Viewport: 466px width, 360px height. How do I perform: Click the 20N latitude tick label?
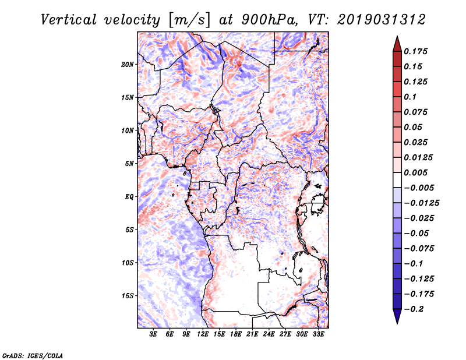pyautogui.click(x=128, y=64)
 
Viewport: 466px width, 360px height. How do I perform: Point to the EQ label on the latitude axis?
pyautogui.click(x=129, y=197)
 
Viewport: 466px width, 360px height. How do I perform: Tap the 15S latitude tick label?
pyautogui.click(x=128, y=296)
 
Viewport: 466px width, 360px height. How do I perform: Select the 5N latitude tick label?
pyautogui.click(x=129, y=164)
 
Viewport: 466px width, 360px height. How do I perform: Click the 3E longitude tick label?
pyautogui.click(x=154, y=335)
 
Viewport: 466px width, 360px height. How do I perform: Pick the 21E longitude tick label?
pyautogui.click(x=253, y=335)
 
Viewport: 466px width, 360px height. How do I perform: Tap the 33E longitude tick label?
pyautogui.click(x=319, y=335)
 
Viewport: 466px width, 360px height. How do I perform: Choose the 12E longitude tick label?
pyautogui.click(x=203, y=335)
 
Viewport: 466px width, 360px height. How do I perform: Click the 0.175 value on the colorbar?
pyautogui.click(x=417, y=51)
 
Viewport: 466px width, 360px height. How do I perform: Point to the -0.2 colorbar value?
pyautogui.click(x=416, y=309)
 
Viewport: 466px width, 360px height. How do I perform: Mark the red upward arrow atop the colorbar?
pyautogui.click(x=397, y=42)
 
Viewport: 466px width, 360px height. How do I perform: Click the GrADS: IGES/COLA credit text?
pyautogui.click(x=33, y=355)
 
